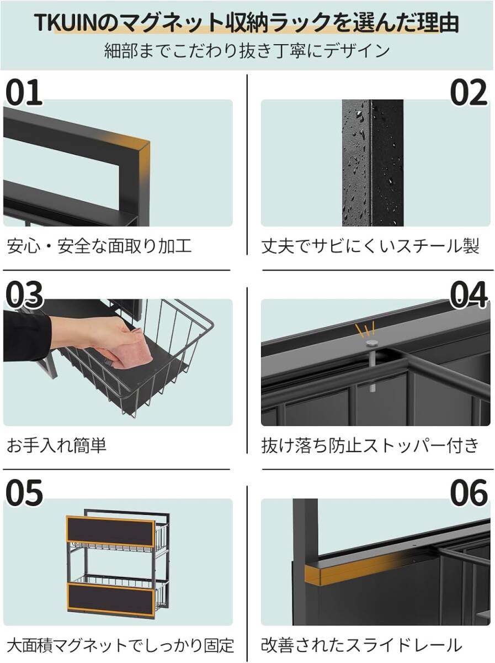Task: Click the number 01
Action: pyautogui.click(x=24, y=92)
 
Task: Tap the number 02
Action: pyautogui.click(x=469, y=92)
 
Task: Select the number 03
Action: pyautogui.click(x=24, y=294)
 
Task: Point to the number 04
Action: pyautogui.click(x=469, y=294)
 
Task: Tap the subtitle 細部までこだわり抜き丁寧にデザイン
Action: pyautogui.click(x=247, y=50)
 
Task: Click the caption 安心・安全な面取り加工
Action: pyautogui.click(x=99, y=246)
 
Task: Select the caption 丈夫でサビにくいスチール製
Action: pyautogui.click(x=370, y=246)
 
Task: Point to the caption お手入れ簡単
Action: pyautogui.click(x=56, y=445)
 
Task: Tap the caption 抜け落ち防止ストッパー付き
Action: pyautogui.click(x=370, y=445)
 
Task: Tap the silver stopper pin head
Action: pyautogui.click(x=371, y=343)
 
